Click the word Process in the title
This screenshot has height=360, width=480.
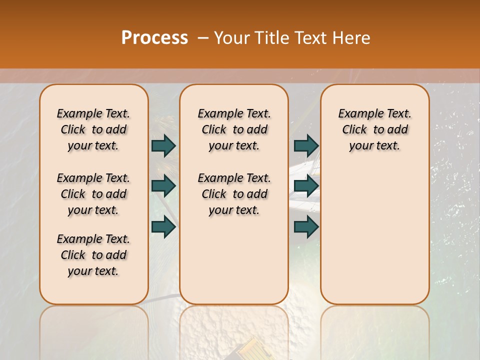(154, 37)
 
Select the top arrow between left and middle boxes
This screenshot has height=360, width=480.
(163, 145)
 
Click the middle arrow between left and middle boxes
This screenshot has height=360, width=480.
(163, 186)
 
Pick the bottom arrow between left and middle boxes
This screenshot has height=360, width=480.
(163, 226)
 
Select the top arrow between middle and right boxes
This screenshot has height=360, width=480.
(306, 145)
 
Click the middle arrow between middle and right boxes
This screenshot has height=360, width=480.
(306, 186)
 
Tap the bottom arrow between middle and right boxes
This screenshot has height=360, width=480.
(306, 226)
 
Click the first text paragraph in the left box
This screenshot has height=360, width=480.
(93, 129)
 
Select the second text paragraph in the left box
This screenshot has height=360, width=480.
(93, 194)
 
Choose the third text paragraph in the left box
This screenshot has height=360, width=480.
(93, 255)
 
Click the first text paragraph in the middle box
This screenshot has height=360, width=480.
(234, 129)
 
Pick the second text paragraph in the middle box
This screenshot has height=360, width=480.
(234, 194)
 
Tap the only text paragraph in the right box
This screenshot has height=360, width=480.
(374, 129)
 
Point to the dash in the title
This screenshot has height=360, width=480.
(203, 38)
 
